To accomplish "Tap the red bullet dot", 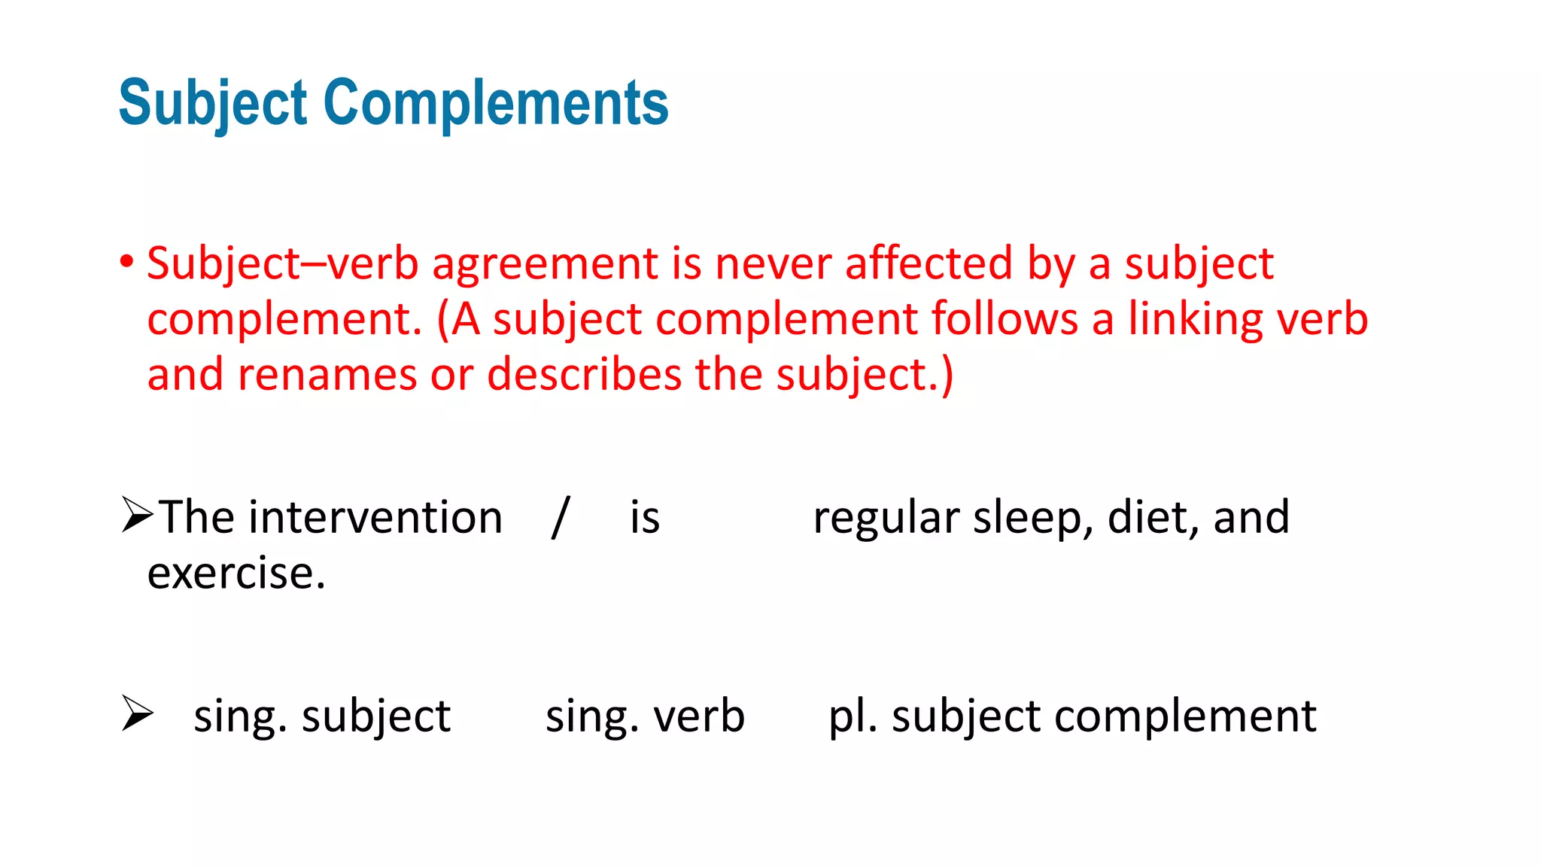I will [x=126, y=262].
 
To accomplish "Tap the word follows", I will [x=1004, y=319].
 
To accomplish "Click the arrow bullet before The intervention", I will [x=137, y=516].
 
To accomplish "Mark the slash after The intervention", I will [x=560, y=517].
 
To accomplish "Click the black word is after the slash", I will [x=645, y=518].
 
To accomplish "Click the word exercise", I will [x=236, y=573].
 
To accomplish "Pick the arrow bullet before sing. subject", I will [x=137, y=713].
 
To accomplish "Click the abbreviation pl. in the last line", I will [x=853, y=716].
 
